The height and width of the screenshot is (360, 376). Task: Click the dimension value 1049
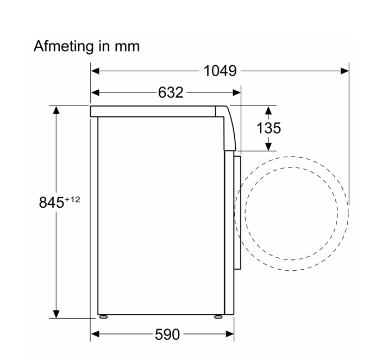220,71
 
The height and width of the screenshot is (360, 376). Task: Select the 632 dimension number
171,92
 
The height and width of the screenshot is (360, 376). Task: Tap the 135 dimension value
268,128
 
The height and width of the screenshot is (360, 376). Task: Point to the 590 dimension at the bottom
167,334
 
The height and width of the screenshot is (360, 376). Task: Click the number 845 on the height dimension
51,202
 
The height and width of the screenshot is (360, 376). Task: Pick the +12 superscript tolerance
72,199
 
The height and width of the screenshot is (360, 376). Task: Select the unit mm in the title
127,47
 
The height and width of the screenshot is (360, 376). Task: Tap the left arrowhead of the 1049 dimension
95,71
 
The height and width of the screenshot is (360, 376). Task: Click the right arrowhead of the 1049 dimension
344,71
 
